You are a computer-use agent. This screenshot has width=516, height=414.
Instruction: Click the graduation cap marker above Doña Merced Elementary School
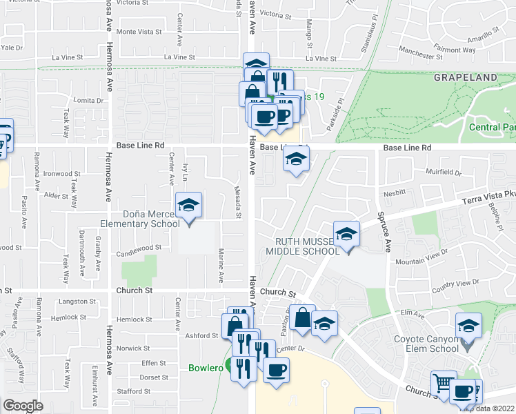pyautogui.click(x=188, y=205)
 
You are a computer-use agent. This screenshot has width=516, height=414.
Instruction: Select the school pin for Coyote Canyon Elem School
pyautogui.click(x=468, y=325)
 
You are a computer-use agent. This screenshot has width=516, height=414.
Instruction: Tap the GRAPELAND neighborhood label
pyautogui.click(x=466, y=77)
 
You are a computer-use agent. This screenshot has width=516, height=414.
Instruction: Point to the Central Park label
pyautogui.click(x=491, y=128)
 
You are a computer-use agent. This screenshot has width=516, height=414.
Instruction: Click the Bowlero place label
pyautogui.click(x=206, y=368)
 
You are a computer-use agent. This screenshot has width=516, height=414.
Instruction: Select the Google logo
pyautogui.click(x=23, y=406)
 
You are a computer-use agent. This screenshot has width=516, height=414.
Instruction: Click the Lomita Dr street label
pyautogui.click(x=90, y=100)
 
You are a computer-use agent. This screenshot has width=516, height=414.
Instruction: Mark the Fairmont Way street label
pyautogui.click(x=455, y=50)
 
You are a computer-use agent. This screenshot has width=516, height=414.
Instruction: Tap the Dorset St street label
pyautogui.click(x=153, y=377)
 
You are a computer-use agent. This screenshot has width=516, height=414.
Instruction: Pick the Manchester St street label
pyautogui.click(x=424, y=52)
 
